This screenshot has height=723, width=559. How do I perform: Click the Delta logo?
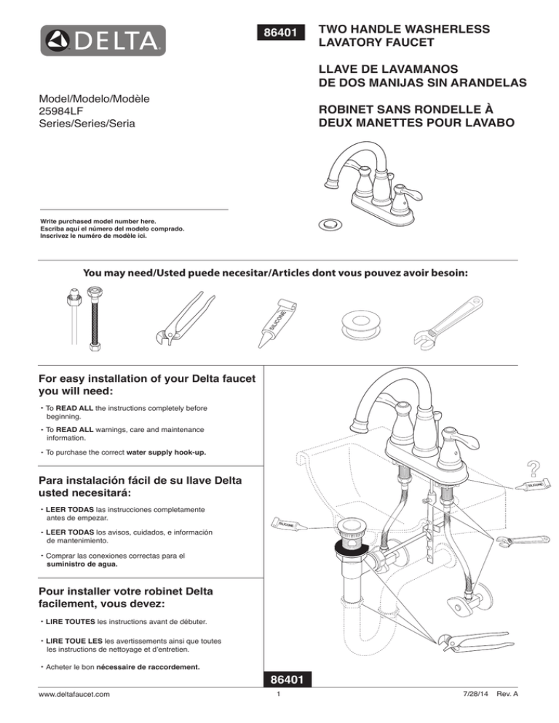103,41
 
